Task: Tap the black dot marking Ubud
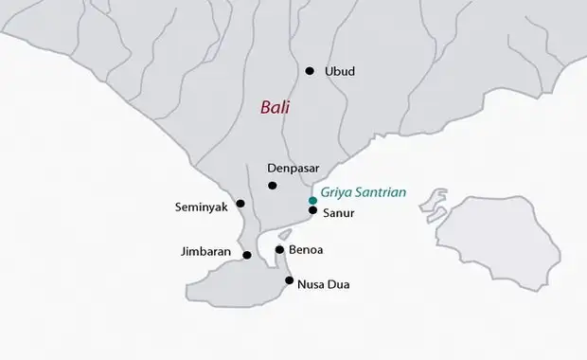[x=309, y=71]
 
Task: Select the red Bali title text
[x=276, y=108]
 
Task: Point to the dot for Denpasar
[x=273, y=186]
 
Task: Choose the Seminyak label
[x=204, y=207]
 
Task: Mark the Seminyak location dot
[x=240, y=203]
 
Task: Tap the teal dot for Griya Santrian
[x=312, y=201]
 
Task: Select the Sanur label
[x=340, y=213]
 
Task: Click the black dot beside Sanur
[x=312, y=210]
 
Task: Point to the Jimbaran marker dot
[x=247, y=255]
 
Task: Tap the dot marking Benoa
[x=279, y=250]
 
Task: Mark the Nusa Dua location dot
[x=290, y=280]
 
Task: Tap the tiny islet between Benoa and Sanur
[x=285, y=233]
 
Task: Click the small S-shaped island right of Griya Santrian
[x=433, y=203]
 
